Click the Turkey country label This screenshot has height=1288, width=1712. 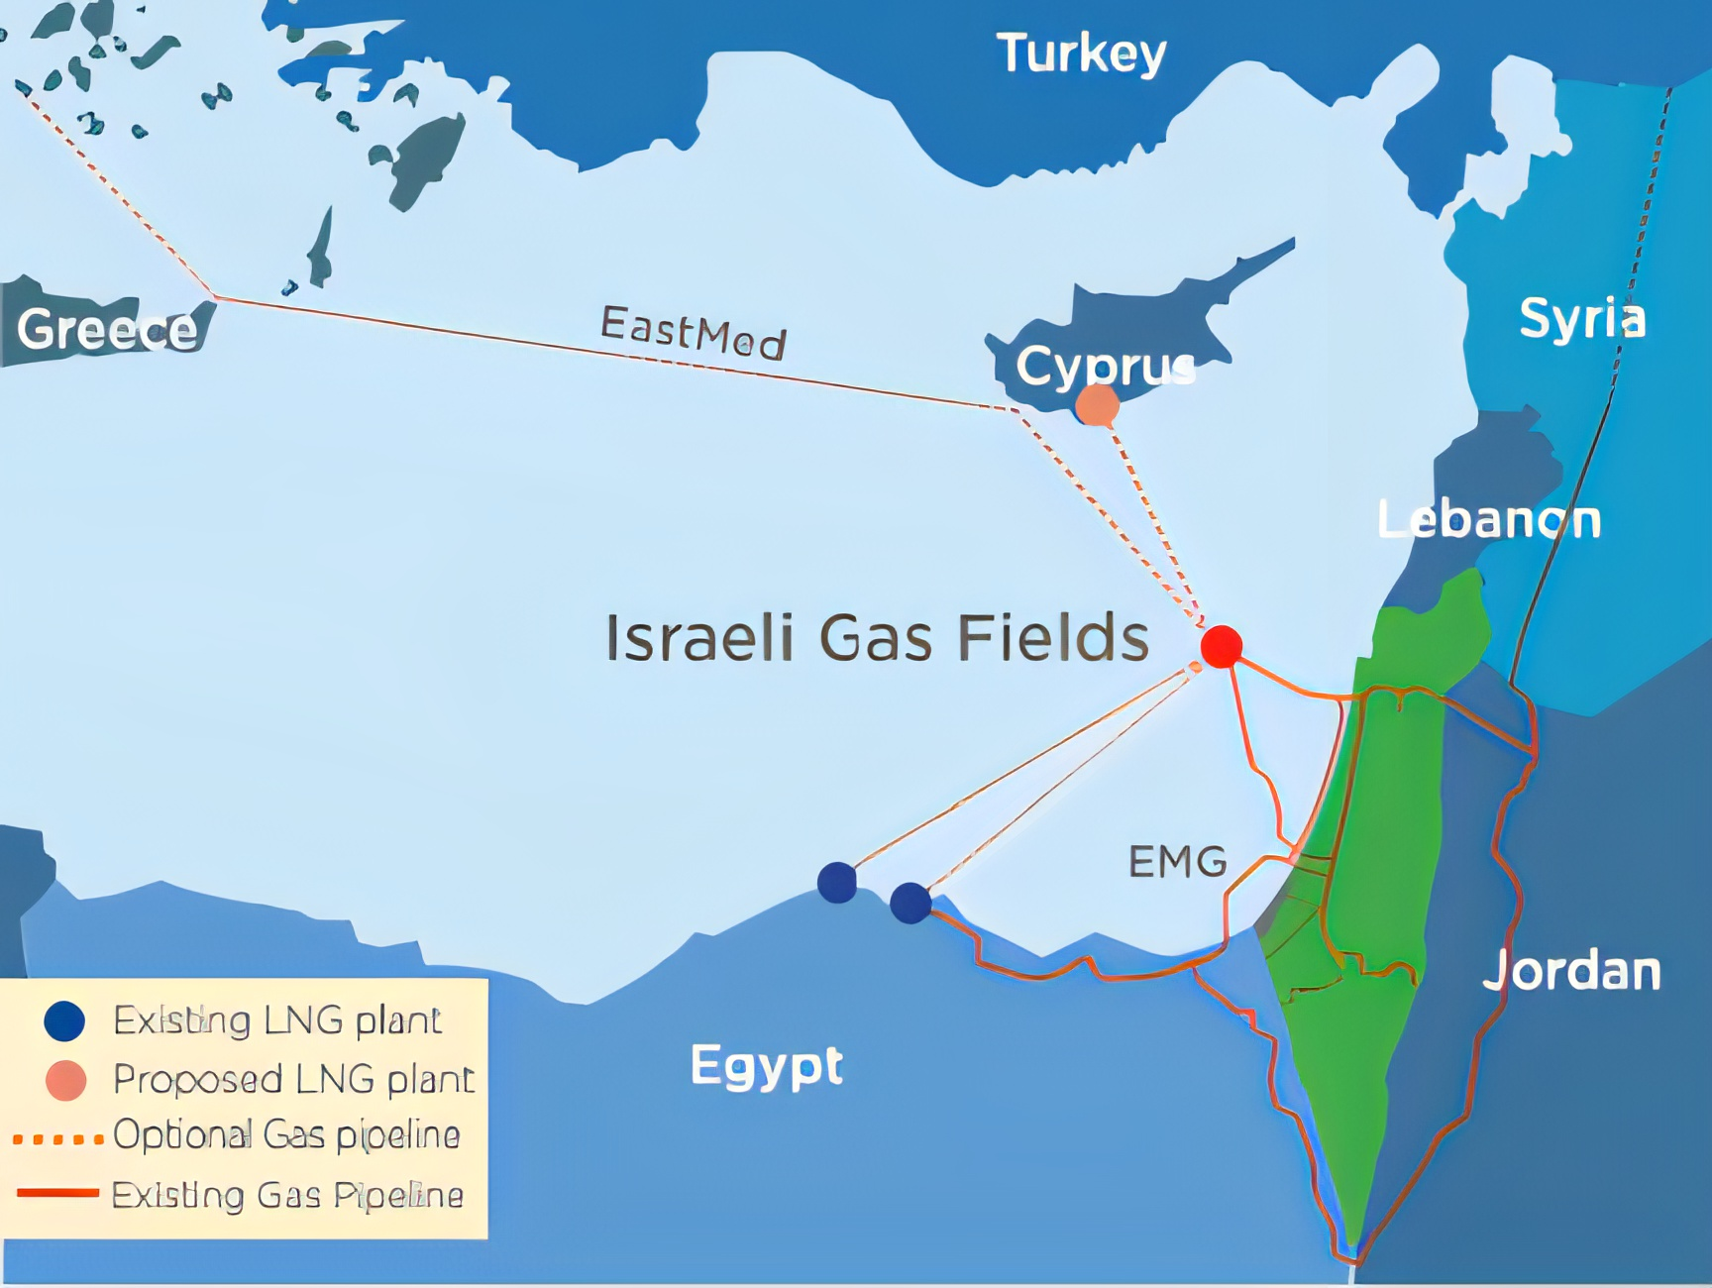click(1081, 53)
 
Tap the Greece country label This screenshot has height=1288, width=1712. click(107, 329)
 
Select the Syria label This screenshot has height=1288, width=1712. click(1582, 318)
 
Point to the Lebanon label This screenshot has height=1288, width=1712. click(1488, 519)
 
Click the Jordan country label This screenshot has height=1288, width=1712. click(1571, 970)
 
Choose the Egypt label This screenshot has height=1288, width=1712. click(766, 1065)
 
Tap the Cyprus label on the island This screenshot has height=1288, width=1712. click(1106, 366)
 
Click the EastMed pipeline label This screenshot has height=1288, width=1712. click(694, 332)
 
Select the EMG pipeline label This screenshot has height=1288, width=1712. click(1178, 862)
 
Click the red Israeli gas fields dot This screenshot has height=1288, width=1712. click(1222, 646)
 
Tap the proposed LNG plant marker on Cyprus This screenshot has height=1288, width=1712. click(1097, 405)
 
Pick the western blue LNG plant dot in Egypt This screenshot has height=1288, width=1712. click(837, 882)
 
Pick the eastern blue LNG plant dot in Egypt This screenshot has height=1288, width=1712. click(909, 903)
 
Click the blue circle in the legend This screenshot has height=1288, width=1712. click(65, 1020)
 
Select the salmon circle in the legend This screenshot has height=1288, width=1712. click(66, 1080)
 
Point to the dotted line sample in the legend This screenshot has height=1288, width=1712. click(57, 1139)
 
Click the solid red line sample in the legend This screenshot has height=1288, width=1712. click(57, 1193)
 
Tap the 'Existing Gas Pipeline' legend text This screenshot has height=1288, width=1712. click(287, 1195)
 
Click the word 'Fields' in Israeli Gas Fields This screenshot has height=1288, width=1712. click(1052, 637)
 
